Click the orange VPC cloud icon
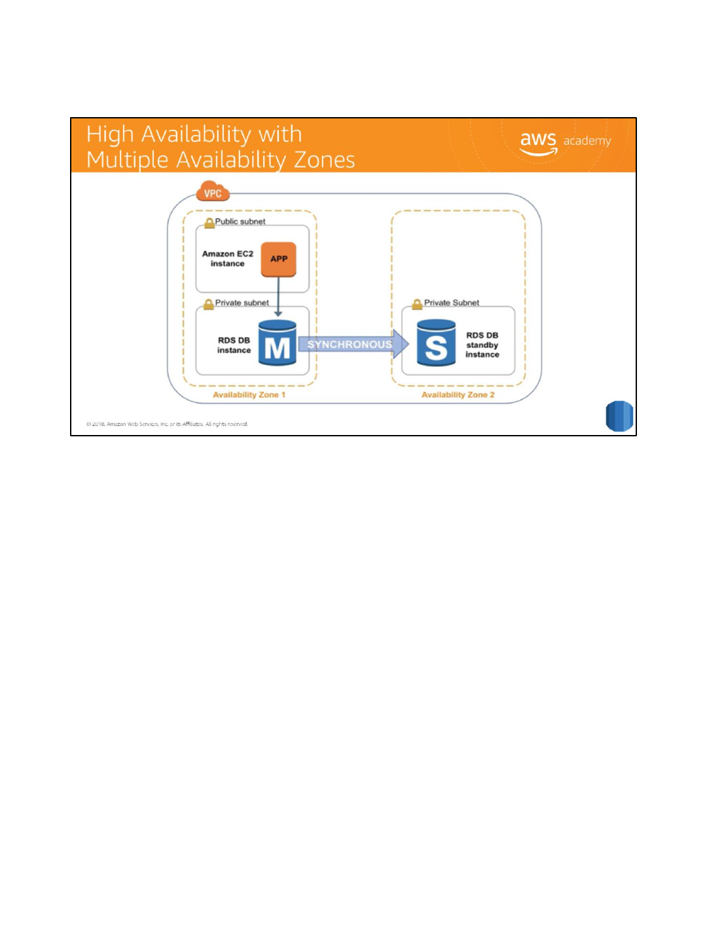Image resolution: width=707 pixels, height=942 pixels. [213, 192]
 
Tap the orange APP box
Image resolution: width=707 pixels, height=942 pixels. [279, 258]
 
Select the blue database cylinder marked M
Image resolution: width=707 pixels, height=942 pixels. [278, 343]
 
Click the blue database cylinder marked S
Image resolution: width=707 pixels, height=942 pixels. [436, 343]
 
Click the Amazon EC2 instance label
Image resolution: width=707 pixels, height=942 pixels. [227, 258]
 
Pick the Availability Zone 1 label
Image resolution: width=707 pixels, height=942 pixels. [249, 394]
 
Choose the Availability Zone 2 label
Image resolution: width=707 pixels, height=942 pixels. [458, 394]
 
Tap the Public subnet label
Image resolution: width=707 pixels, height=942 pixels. [240, 222]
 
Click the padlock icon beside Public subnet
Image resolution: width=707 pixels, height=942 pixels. [209, 222]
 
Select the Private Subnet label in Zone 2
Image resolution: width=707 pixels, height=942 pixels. [452, 303]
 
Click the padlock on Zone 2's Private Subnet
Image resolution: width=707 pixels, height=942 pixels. [417, 304]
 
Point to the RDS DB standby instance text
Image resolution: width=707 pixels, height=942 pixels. [482, 345]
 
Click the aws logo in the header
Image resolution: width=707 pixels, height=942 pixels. [538, 142]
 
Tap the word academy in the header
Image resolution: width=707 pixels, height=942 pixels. [587, 141]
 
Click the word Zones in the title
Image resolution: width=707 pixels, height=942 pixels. [324, 160]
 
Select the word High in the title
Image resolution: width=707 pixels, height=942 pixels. [110, 134]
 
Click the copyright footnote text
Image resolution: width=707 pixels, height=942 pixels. [167, 424]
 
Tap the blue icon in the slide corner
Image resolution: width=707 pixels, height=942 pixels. [619, 416]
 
